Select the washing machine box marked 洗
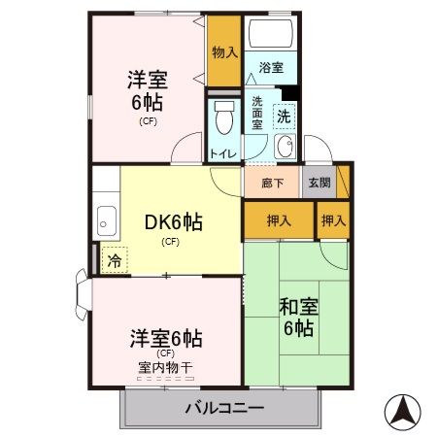pos(284,115)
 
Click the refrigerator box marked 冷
pos(115,259)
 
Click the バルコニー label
pos(223,409)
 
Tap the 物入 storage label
pos(224,51)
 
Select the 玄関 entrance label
pos(319,182)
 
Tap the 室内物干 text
pos(165,367)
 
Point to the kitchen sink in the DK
pos(105,219)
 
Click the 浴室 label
pos(272,69)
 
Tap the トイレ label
pos(221,153)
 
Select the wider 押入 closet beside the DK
pos(279,220)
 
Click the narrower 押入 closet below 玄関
pos(334,220)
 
